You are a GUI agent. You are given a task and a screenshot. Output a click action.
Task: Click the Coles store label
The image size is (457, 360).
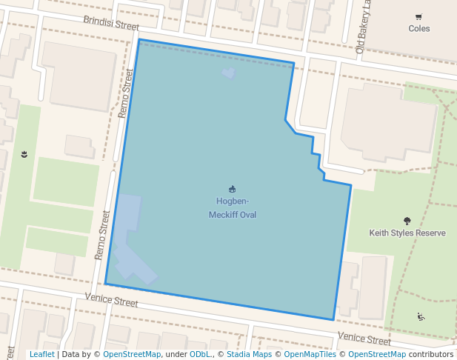pyautogui.click(x=418, y=29)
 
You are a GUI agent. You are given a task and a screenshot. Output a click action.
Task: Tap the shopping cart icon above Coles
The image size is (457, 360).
pyautogui.click(x=418, y=17)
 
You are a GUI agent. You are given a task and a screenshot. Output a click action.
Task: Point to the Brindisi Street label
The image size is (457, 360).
pyautogui.click(x=111, y=23)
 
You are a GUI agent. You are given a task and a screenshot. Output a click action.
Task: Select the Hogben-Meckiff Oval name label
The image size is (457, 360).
pyautogui.click(x=232, y=208)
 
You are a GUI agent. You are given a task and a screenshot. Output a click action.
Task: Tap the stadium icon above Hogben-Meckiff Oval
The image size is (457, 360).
pyautogui.click(x=232, y=189)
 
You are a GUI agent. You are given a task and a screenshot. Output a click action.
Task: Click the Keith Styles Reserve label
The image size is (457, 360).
pyautogui.click(x=407, y=233)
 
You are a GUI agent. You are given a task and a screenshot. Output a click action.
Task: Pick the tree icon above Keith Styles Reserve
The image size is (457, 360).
pyautogui.click(x=407, y=220)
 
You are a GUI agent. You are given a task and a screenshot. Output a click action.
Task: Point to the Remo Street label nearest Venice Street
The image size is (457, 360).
pyautogui.click(x=102, y=235)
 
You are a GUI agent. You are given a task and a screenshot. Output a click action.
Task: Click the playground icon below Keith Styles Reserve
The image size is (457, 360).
pyautogui.click(x=421, y=317)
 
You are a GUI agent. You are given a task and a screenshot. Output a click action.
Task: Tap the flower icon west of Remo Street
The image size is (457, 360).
pyautogui.click(x=24, y=154)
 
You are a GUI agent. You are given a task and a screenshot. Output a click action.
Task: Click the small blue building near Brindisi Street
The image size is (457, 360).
pyautogui.click(x=229, y=73)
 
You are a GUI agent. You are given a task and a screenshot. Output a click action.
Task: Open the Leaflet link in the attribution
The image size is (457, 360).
pyautogui.click(x=41, y=354)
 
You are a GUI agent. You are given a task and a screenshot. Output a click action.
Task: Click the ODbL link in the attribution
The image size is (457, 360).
pyautogui.click(x=199, y=354)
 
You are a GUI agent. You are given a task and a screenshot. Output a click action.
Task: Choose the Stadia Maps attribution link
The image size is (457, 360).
pyautogui.click(x=249, y=354)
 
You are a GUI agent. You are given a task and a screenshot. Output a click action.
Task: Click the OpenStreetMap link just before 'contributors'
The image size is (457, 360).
pyautogui.click(x=377, y=354)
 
